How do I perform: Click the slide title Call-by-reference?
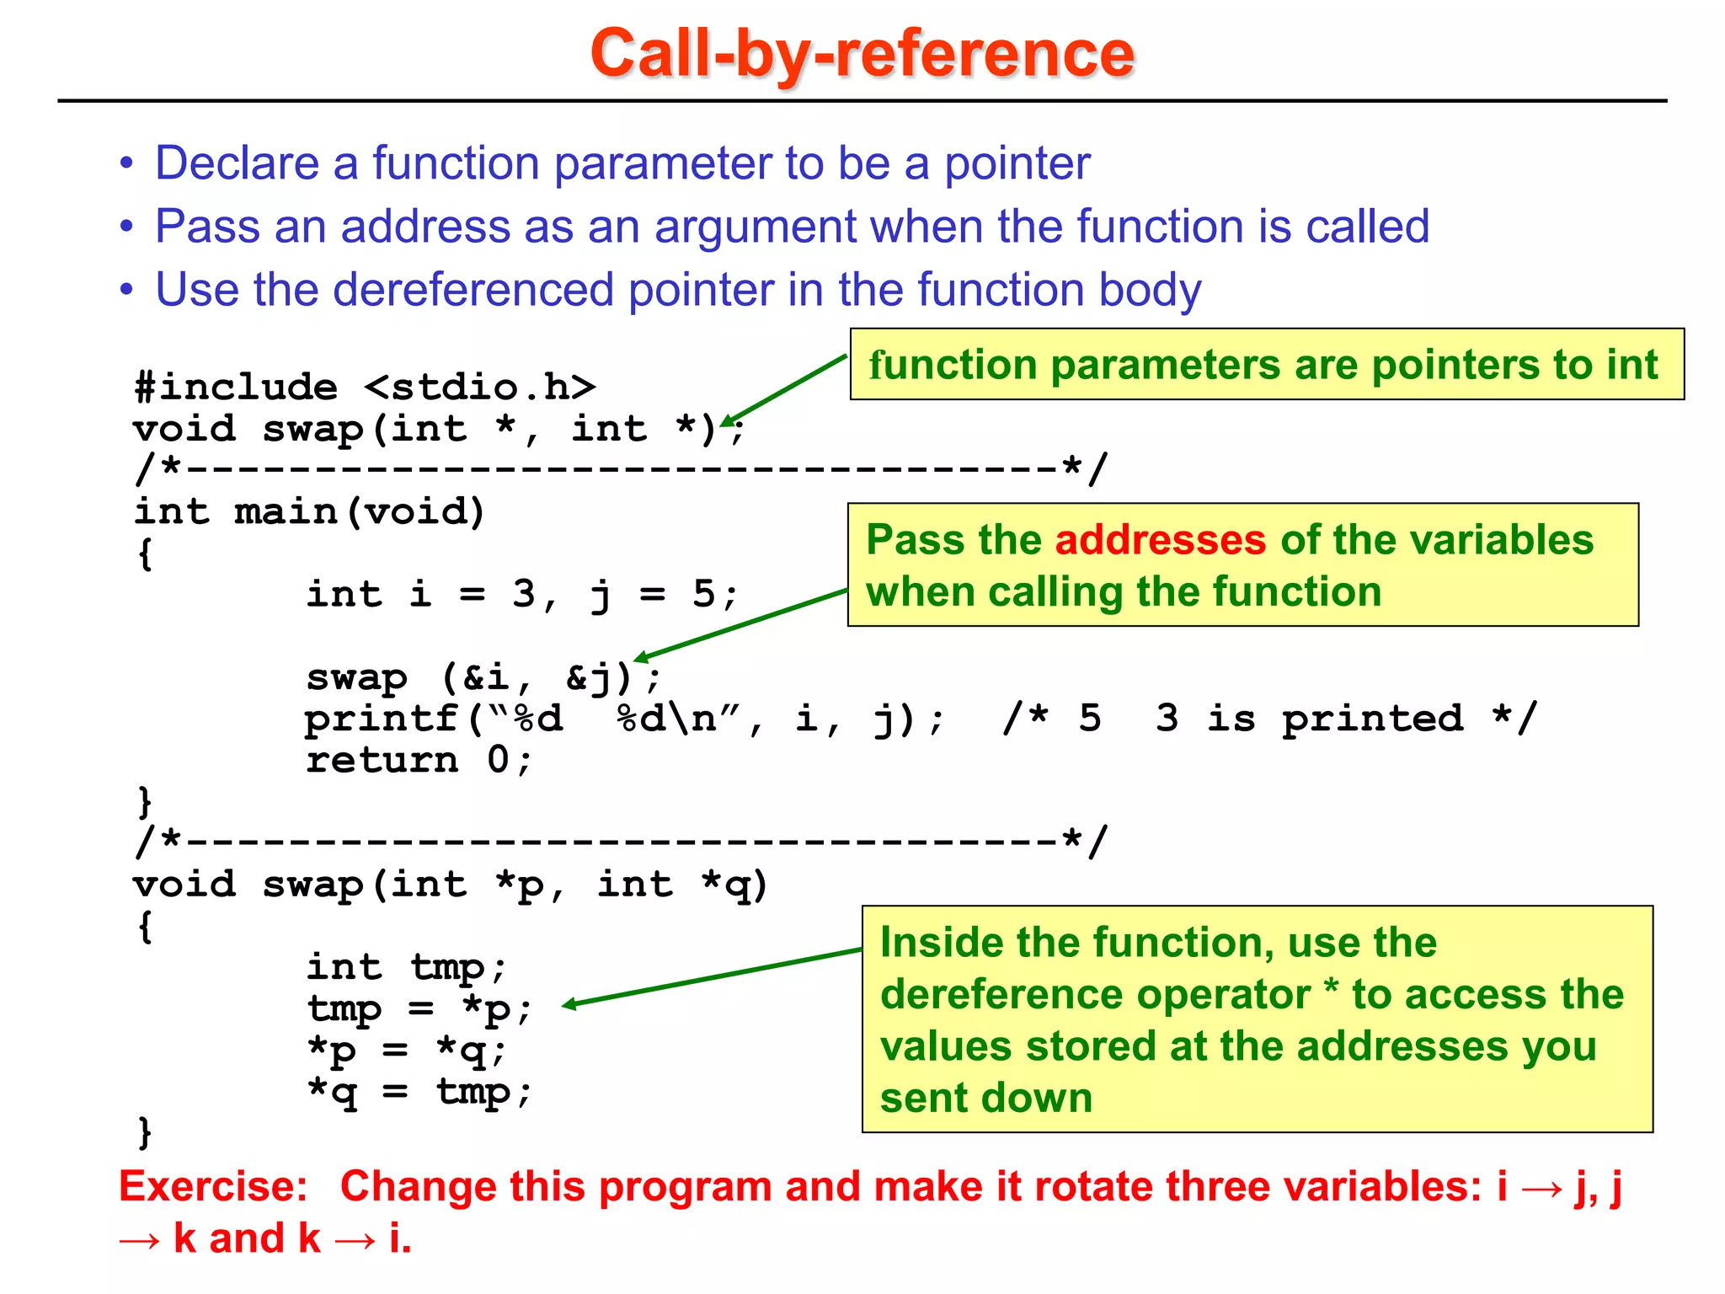tap(862, 53)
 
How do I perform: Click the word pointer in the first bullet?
tap(1017, 163)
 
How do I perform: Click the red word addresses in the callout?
tap(1160, 540)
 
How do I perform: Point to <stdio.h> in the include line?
tap(480, 387)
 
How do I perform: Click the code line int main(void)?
tap(309, 511)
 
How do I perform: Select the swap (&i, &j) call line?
tap(483, 676)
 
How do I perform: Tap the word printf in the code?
tap(382, 719)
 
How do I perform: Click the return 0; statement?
tap(419, 760)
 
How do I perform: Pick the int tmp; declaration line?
tap(406, 966)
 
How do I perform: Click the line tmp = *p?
tap(419, 1008)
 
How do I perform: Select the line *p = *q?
tap(406, 1050)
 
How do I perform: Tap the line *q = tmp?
tap(419, 1092)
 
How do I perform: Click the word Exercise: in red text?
tap(214, 1187)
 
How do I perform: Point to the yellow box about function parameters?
tap(1266, 365)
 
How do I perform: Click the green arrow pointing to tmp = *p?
tap(712, 977)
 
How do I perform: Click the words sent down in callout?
tap(985, 1099)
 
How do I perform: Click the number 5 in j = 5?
tap(704, 594)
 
